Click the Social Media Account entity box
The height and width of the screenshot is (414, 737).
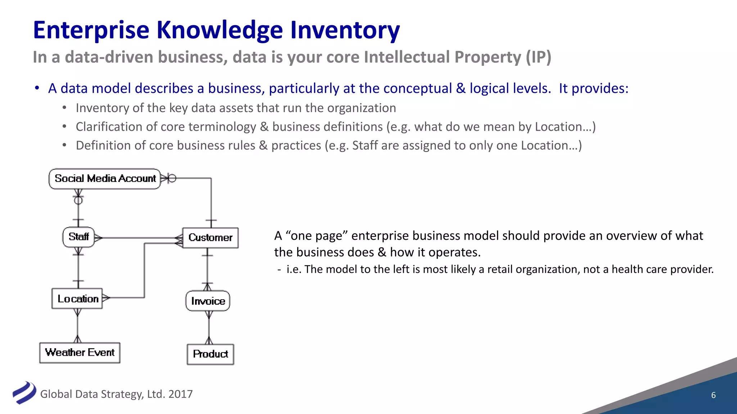pyautogui.click(x=105, y=179)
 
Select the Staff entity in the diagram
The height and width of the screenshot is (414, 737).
pyautogui.click(x=78, y=237)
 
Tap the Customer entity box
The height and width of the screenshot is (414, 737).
pyautogui.click(x=210, y=238)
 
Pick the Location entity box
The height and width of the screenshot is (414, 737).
pyautogui.click(x=77, y=299)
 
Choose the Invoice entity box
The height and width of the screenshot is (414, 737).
pyautogui.click(x=208, y=301)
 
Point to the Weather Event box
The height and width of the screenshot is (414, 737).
pyautogui.click(x=80, y=353)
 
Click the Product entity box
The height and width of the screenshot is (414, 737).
pyautogui.click(x=211, y=354)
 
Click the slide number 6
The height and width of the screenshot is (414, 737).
pyautogui.click(x=713, y=395)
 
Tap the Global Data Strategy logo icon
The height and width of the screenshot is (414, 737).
pyautogui.click(x=24, y=392)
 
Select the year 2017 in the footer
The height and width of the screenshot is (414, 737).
pyautogui.click(x=180, y=394)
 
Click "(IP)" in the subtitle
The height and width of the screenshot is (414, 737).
pyautogui.click(x=538, y=57)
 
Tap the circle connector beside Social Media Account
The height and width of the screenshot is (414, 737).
pyautogui.click(x=172, y=178)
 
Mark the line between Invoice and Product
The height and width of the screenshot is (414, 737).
pyautogui.click(x=209, y=328)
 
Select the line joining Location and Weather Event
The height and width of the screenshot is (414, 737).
pyautogui.click(x=77, y=326)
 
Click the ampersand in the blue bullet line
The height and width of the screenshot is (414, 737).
pyautogui.click(x=461, y=88)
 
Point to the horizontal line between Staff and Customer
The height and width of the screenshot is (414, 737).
pyautogui.click(x=139, y=238)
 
